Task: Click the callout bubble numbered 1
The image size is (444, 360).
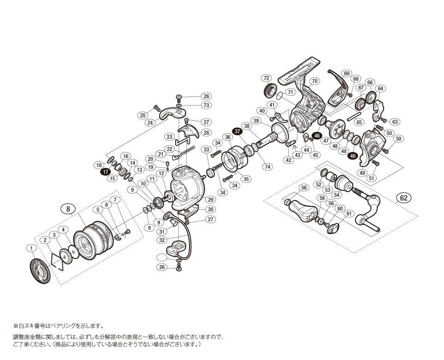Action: tap(31, 248)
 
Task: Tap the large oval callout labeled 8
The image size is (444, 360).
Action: tap(68, 209)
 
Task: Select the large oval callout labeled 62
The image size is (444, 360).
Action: tap(403, 198)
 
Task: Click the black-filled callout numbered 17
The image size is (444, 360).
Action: tap(106, 171)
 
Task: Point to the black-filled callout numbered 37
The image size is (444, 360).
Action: tap(237, 131)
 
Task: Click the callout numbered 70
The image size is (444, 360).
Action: tap(314, 81)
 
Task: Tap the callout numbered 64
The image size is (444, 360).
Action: tap(380, 88)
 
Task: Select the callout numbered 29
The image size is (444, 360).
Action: tap(211, 200)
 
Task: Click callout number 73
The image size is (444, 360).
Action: tap(206, 105)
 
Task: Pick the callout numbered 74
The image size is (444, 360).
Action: tap(267, 167)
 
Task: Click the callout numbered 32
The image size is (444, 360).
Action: tap(162, 240)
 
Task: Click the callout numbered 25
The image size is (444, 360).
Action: tap(143, 115)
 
